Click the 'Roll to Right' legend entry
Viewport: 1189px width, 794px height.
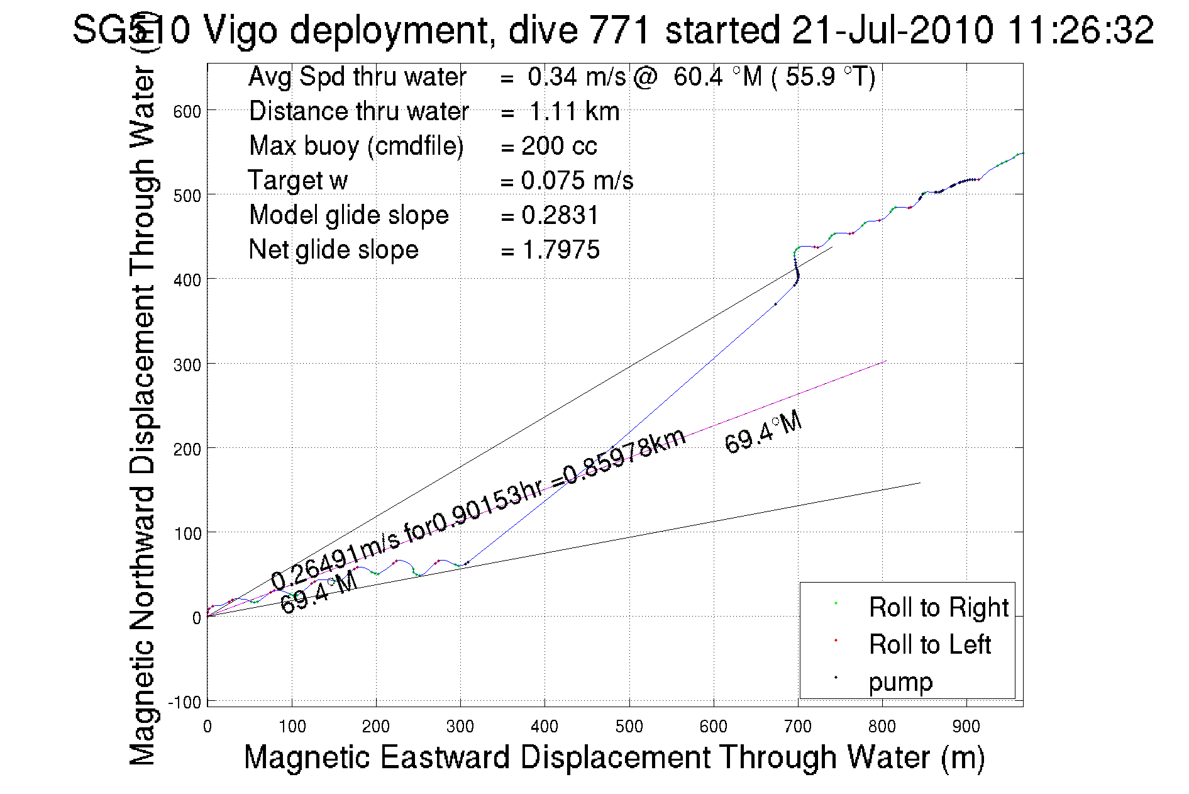point(938,607)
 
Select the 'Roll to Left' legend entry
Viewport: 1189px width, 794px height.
point(929,644)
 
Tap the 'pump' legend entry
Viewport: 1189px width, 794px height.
point(900,682)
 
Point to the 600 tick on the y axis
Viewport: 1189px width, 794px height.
point(187,111)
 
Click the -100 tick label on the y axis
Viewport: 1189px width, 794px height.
point(184,702)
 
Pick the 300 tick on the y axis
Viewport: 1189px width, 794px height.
point(187,365)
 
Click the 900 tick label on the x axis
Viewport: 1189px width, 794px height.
point(966,727)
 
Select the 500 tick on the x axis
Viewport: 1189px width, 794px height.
point(629,727)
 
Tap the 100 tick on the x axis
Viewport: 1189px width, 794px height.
point(292,727)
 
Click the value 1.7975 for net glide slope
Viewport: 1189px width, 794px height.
point(561,250)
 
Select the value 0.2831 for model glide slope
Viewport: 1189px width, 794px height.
point(560,216)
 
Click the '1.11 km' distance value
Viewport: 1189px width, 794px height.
point(574,112)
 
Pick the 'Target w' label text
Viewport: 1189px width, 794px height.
point(297,181)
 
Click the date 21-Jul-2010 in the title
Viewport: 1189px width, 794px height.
point(892,30)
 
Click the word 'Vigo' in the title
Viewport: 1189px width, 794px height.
point(240,30)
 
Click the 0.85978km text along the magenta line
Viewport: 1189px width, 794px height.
point(624,457)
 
